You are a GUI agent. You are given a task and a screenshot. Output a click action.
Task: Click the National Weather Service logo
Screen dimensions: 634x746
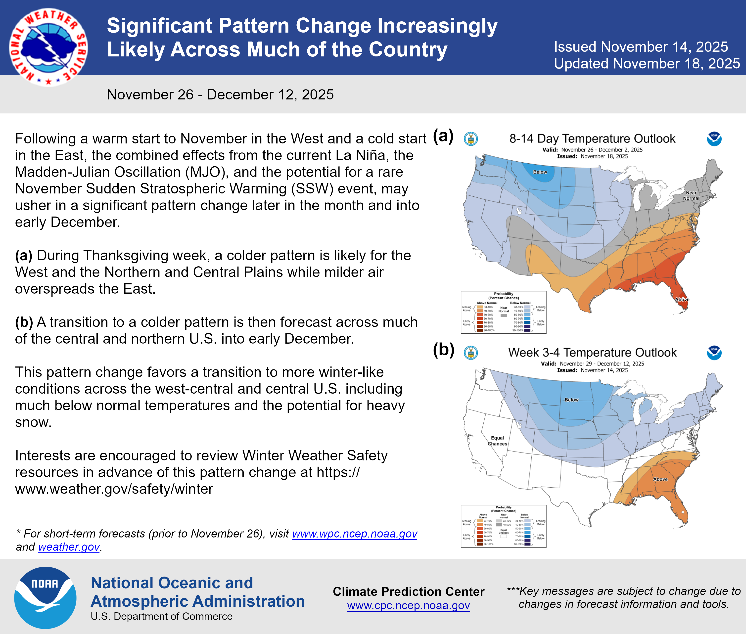pyautogui.click(x=48, y=47)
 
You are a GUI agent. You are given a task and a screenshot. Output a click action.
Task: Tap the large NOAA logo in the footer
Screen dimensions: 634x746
pyautogui.click(x=45, y=597)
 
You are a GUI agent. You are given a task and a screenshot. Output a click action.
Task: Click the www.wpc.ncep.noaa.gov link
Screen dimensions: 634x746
pyautogui.click(x=355, y=534)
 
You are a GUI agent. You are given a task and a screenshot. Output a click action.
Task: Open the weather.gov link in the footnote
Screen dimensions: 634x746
pyautogui.click(x=69, y=547)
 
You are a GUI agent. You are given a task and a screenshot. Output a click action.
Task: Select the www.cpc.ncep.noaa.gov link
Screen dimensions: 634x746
pyautogui.click(x=408, y=606)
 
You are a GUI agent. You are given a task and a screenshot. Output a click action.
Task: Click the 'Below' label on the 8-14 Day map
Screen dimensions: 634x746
pyautogui.click(x=540, y=172)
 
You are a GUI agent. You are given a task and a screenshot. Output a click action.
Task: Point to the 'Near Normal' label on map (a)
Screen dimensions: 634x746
pyautogui.click(x=691, y=195)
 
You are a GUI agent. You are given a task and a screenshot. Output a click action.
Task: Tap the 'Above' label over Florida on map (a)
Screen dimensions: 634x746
pyautogui.click(x=682, y=299)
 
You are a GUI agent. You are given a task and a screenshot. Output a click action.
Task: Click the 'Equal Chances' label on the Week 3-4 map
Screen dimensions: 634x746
pyautogui.click(x=497, y=441)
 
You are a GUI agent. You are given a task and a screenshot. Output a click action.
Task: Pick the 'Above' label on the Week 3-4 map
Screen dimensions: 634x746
pyautogui.click(x=660, y=479)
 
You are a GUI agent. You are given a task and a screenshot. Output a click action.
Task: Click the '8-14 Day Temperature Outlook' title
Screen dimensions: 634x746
pyautogui.click(x=592, y=139)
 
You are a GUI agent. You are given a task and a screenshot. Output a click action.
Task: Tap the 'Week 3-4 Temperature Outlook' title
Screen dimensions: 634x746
pyautogui.click(x=592, y=353)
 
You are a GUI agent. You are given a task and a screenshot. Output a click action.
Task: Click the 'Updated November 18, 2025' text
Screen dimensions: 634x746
pyautogui.click(x=647, y=64)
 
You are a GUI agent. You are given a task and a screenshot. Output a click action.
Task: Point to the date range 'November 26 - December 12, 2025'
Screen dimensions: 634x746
pyautogui.click(x=220, y=94)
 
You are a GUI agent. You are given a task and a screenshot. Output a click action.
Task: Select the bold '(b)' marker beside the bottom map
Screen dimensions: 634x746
pyautogui.click(x=443, y=350)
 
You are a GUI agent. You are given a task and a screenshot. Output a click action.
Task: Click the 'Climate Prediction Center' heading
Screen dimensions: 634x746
pyautogui.click(x=408, y=591)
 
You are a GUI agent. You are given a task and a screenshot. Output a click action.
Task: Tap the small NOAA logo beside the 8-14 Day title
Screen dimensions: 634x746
pyautogui.click(x=714, y=139)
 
